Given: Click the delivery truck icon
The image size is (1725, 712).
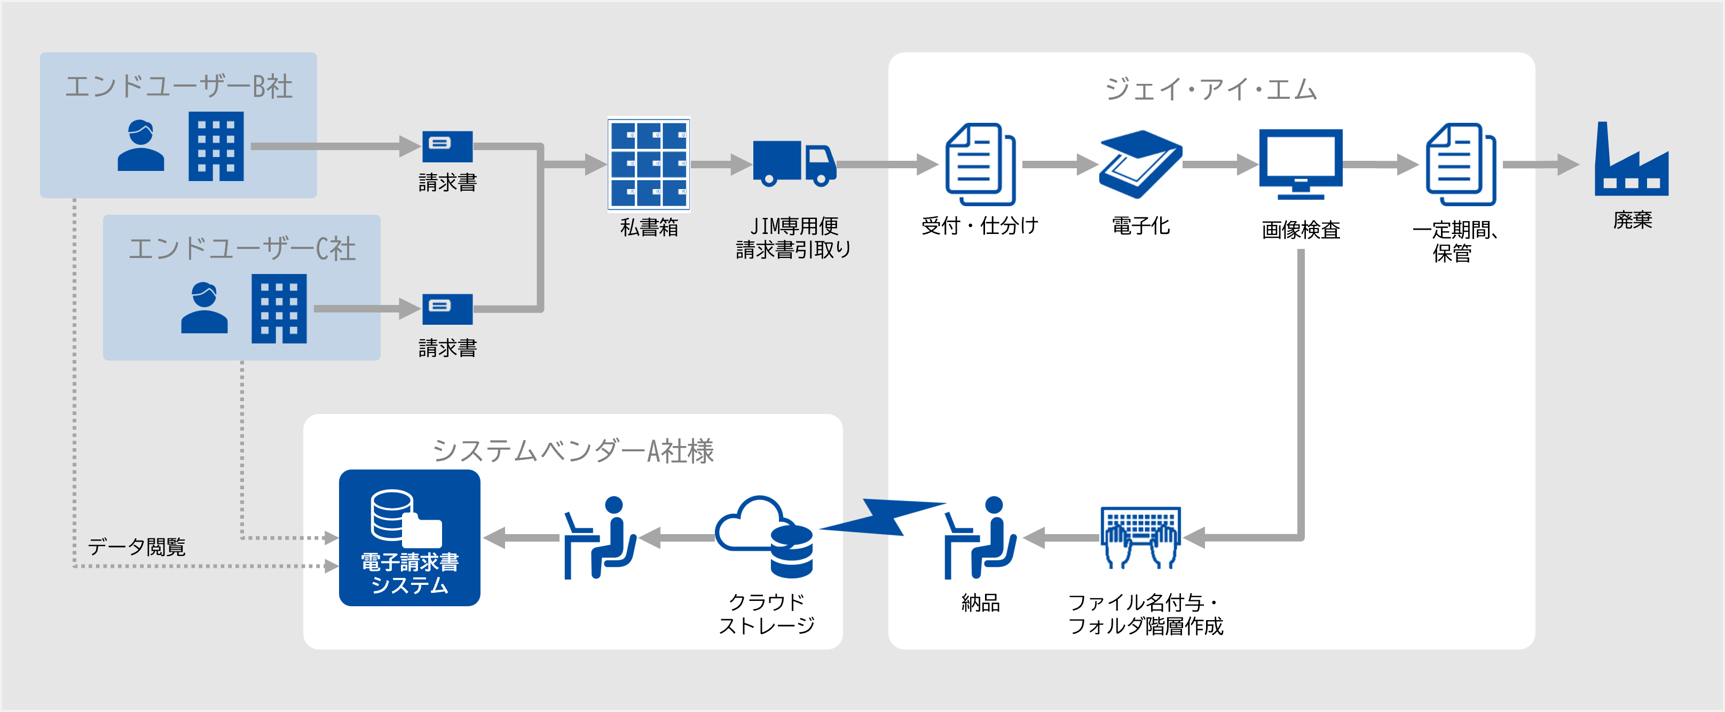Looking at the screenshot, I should [794, 163].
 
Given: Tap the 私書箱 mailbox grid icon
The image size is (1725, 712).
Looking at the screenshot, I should [648, 164].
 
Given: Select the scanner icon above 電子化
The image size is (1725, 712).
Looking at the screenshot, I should [1140, 164].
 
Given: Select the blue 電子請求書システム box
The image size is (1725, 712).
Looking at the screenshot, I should [409, 538].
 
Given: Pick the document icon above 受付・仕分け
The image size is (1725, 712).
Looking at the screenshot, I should [979, 164].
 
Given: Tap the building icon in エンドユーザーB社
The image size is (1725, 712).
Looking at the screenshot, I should [216, 147].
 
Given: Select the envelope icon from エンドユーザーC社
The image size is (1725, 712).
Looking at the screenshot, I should [447, 309].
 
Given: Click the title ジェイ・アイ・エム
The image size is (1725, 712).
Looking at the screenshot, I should [1211, 89].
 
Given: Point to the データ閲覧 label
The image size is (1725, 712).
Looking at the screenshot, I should [137, 546].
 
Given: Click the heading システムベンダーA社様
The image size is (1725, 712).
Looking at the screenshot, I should [573, 451].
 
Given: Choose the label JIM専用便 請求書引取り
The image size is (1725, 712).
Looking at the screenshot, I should [793, 238].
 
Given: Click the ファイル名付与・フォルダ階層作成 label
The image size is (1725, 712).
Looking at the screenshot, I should [1145, 614].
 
